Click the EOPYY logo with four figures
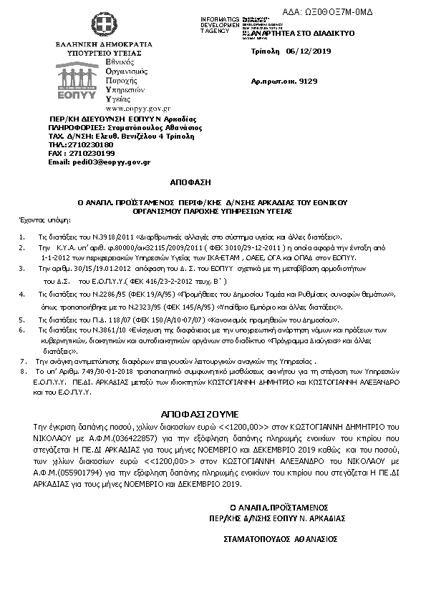82,77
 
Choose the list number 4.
23,294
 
